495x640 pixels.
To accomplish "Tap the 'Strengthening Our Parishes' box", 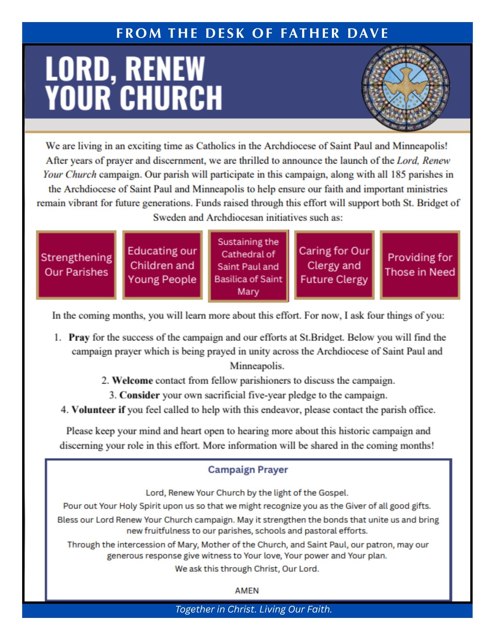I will click(x=76, y=265).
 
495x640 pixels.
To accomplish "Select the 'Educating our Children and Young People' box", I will click(x=162, y=265).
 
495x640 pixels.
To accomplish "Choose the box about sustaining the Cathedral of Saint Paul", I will click(x=248, y=266).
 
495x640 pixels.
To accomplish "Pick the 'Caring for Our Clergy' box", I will click(x=334, y=265).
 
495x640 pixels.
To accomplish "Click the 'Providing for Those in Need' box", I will click(x=420, y=265).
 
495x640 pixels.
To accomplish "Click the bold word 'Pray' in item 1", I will click(x=79, y=337).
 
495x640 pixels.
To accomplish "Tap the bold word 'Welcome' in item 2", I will click(x=132, y=380).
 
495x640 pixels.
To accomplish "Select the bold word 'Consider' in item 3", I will click(x=139, y=395).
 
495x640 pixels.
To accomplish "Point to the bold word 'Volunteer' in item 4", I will click(x=93, y=410).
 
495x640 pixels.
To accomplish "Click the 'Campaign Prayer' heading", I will click(x=248, y=470).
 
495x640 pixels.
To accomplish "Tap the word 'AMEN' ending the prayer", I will click(x=247, y=590).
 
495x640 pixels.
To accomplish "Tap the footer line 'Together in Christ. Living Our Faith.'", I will click(x=253, y=609).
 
